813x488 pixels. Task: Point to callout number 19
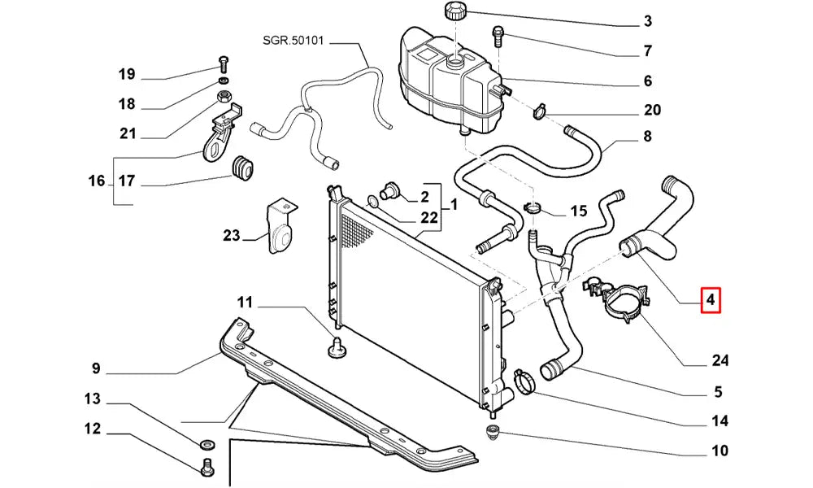click(x=126, y=75)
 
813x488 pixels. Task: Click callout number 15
click(x=578, y=211)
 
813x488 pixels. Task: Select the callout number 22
click(x=428, y=218)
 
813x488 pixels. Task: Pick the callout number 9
click(x=95, y=369)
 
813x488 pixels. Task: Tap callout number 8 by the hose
click(x=647, y=137)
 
